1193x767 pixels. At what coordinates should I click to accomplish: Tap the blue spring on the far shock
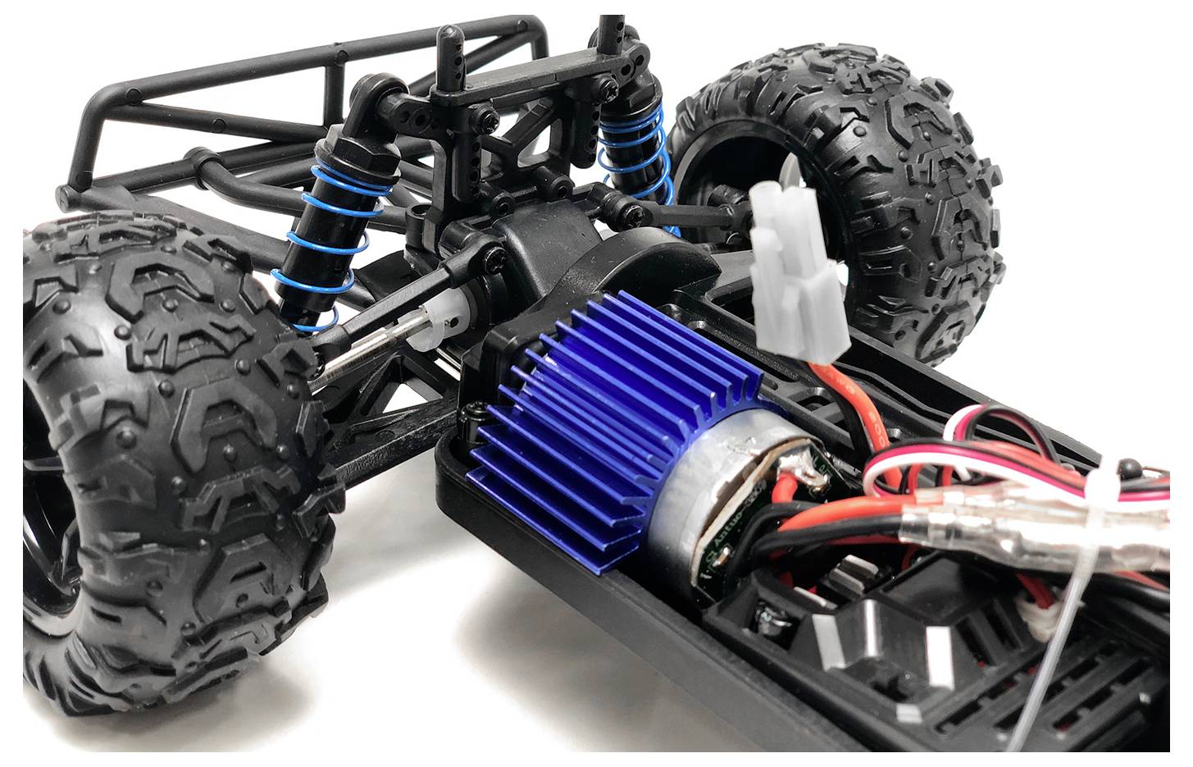[x=635, y=164]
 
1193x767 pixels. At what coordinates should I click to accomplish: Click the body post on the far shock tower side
[x=610, y=37]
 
